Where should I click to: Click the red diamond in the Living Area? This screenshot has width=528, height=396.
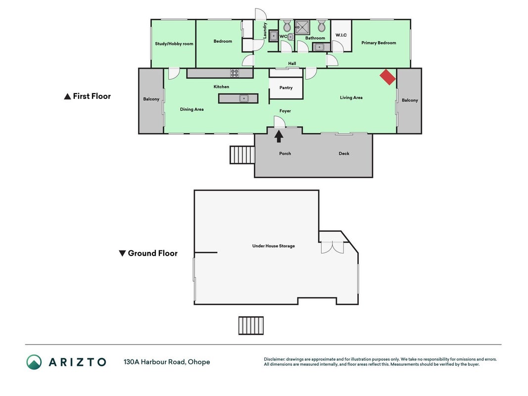pos(387,77)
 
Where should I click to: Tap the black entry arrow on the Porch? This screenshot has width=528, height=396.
pos(279,136)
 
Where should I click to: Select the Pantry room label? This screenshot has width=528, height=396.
pos(286,88)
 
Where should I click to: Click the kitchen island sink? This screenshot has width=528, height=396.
pos(244,99)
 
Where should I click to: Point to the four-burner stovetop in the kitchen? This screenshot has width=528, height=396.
pos(235,73)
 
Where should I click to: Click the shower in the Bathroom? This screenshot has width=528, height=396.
pos(302,27)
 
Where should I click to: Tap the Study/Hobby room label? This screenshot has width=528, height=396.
pos(174,44)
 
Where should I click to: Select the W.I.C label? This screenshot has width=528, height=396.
pos(341,35)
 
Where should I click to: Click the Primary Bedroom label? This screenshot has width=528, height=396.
pos(379,43)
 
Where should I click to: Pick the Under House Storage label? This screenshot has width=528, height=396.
pos(274,246)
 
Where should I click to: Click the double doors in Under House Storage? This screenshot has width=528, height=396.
pos(333,247)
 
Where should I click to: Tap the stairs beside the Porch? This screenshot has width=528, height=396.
pos(242,155)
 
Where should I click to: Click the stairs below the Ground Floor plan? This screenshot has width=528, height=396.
pos(251,326)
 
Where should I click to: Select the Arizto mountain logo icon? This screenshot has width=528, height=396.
pos(34,362)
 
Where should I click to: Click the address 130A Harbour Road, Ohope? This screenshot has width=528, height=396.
pos(167,362)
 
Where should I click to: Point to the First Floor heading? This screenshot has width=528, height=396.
pos(87,97)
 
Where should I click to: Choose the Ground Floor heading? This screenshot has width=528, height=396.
pos(148,253)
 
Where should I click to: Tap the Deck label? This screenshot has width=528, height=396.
pos(344,153)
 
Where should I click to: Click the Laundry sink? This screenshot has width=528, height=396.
pos(274,35)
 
